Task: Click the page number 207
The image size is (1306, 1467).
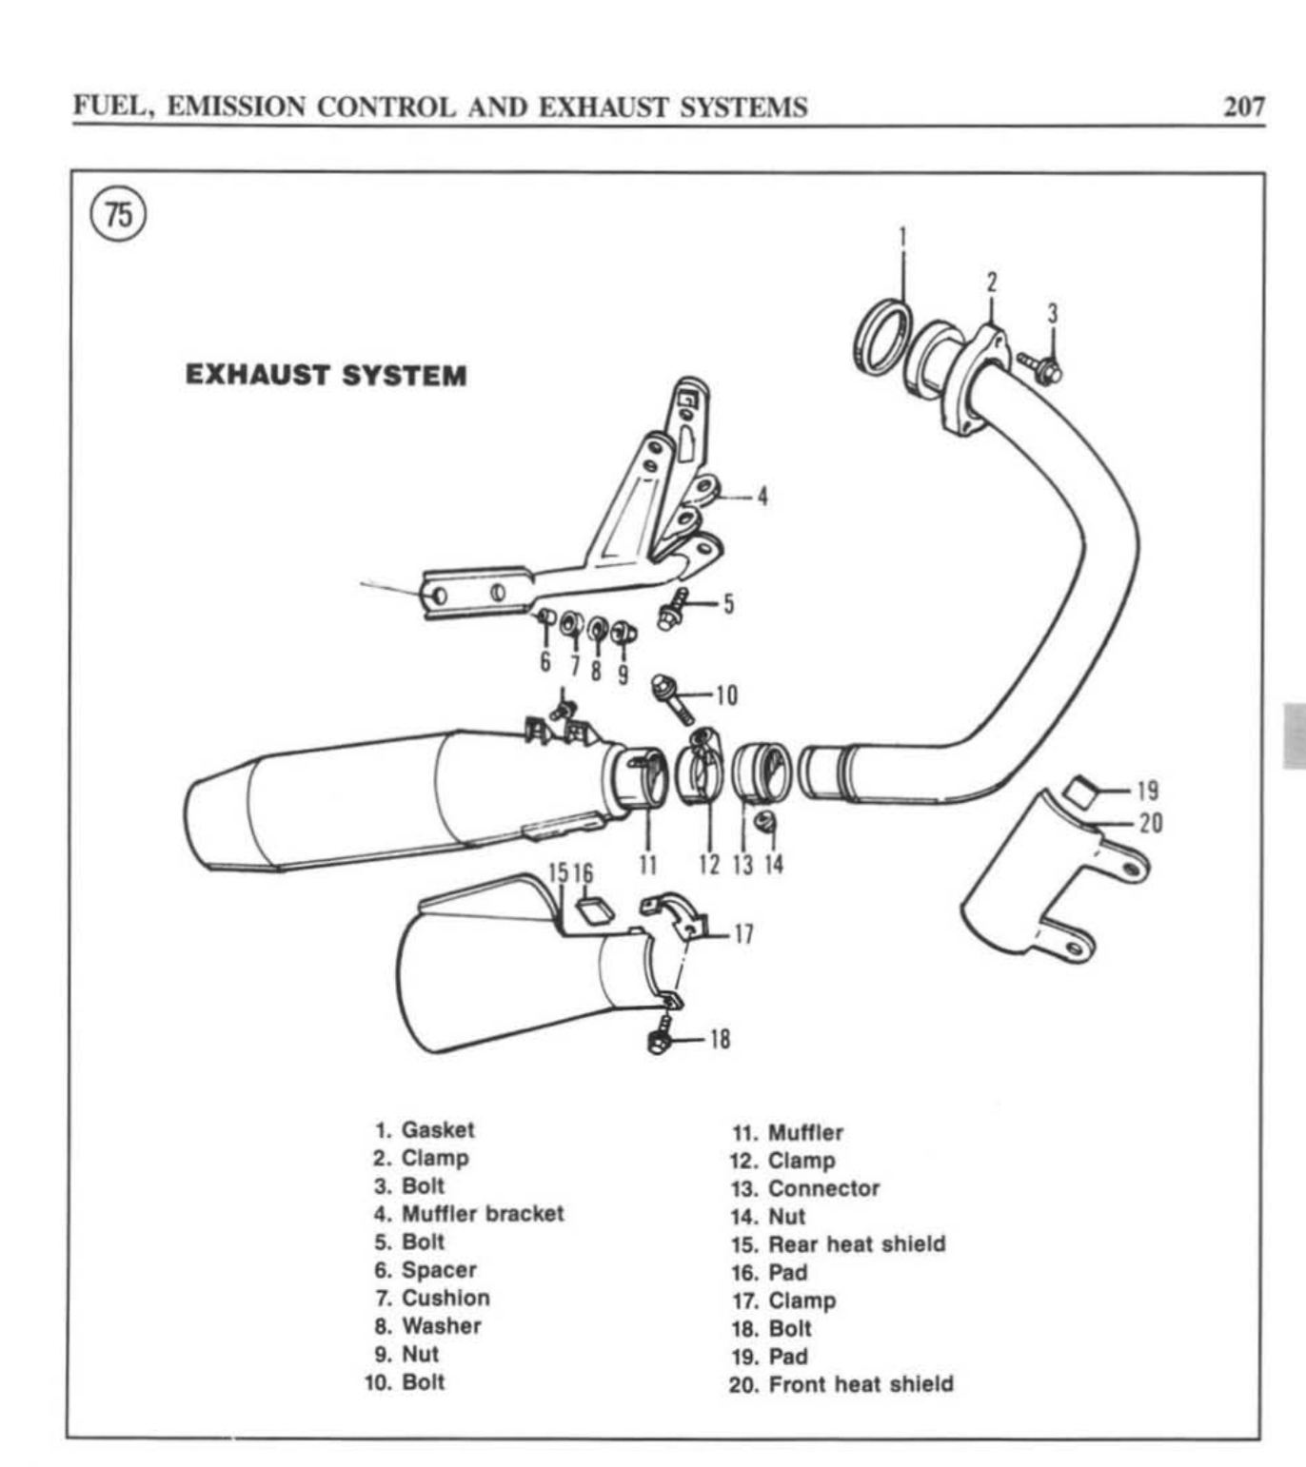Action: click(x=1244, y=106)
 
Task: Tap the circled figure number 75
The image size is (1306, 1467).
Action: click(x=119, y=214)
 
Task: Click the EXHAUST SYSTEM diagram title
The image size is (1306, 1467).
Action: click(x=326, y=375)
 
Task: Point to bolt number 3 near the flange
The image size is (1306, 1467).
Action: click(x=1040, y=367)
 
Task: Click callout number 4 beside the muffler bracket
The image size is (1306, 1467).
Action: click(x=762, y=496)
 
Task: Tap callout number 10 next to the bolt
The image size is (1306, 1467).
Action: click(x=726, y=695)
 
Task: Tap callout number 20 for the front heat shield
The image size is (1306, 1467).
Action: click(x=1151, y=822)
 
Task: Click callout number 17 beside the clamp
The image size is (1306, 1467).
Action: click(x=743, y=934)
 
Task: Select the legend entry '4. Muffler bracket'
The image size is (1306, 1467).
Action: click(x=468, y=1214)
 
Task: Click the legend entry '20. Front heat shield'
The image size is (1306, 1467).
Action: click(x=841, y=1384)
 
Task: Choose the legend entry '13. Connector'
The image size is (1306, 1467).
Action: click(x=805, y=1188)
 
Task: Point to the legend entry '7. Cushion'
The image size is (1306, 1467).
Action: click(x=432, y=1298)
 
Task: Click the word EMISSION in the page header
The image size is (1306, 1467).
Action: click(x=236, y=107)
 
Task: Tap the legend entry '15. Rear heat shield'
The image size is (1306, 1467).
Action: click(x=839, y=1244)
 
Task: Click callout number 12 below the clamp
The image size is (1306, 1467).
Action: click(x=709, y=864)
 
